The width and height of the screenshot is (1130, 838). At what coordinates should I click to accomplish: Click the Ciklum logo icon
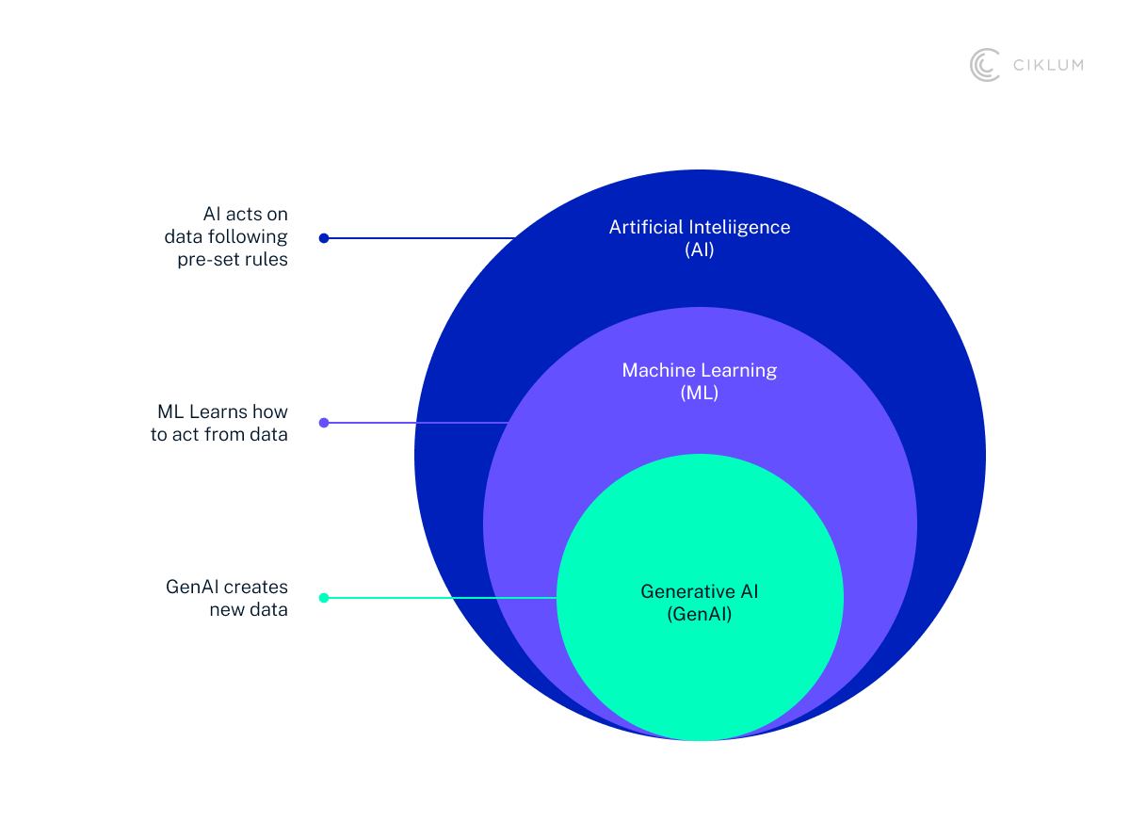[x=985, y=65]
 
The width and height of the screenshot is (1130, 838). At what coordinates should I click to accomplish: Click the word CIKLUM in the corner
[x=1047, y=65]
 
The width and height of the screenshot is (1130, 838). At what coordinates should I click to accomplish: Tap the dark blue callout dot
[x=324, y=238]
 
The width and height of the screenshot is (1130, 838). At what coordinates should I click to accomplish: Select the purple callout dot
[x=324, y=423]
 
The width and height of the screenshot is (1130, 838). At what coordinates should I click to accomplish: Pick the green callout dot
[x=324, y=598]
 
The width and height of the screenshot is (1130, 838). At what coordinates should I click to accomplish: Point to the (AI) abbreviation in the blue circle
[x=700, y=250]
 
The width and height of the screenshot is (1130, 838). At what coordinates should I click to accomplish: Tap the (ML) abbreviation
[x=700, y=394]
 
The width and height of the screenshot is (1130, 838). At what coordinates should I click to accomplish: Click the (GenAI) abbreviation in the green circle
[x=700, y=615]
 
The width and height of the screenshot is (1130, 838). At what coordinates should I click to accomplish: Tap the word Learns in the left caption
[x=220, y=412]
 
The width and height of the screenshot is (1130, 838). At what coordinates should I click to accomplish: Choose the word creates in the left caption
[x=257, y=587]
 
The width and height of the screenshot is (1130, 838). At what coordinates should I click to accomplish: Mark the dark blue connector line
[x=419, y=238]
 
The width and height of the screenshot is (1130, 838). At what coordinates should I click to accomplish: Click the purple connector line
[x=414, y=423]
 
